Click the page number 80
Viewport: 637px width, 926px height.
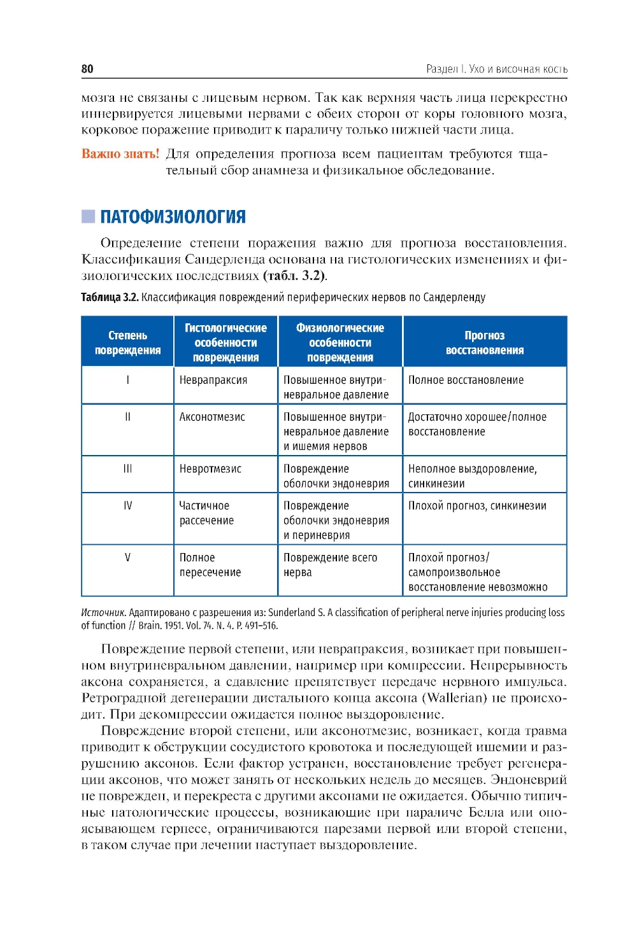[87, 69]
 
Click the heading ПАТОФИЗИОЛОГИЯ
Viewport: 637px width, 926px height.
[173, 217]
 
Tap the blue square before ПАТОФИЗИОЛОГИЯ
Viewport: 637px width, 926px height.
[88, 216]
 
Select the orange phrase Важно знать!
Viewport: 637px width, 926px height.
[120, 154]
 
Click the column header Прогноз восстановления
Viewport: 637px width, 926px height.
[484, 342]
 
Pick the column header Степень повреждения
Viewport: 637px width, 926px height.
[127, 342]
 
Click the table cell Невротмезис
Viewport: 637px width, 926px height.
[210, 469]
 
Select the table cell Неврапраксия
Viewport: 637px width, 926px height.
[213, 380]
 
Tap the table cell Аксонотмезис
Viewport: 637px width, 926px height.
[212, 417]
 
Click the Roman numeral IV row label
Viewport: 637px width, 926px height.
[127, 506]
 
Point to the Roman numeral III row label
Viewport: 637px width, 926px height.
[127, 469]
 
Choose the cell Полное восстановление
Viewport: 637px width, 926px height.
[466, 380]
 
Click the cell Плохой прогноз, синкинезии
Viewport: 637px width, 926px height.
[477, 506]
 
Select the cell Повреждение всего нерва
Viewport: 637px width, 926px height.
[330, 565]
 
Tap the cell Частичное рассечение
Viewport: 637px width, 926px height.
[206, 513]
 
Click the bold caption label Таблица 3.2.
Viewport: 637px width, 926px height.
[110, 297]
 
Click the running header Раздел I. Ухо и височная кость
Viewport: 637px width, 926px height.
[496, 69]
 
